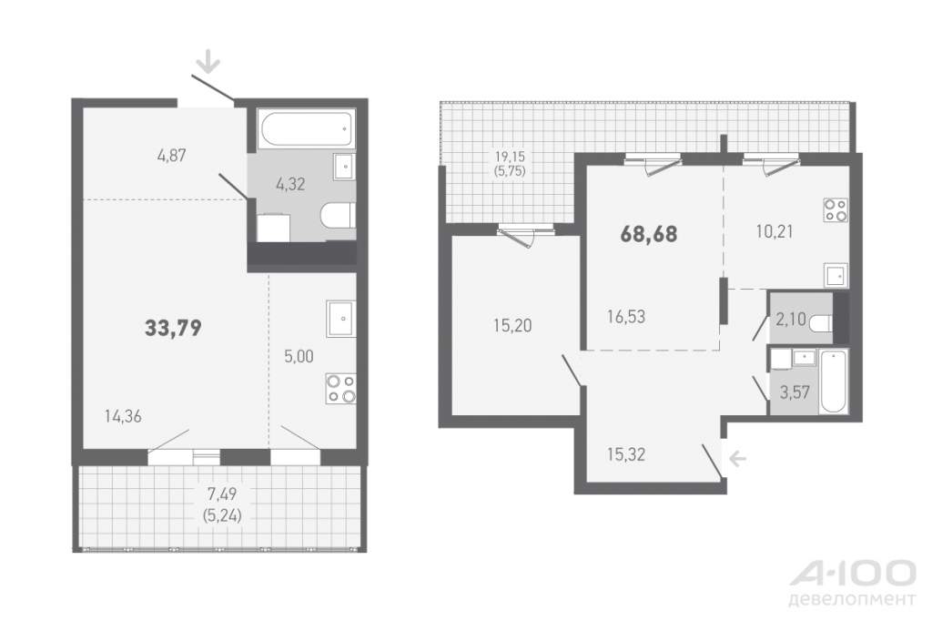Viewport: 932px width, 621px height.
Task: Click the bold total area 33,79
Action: pyautogui.click(x=174, y=328)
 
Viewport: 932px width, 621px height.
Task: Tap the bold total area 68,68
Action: pyautogui.click(x=648, y=234)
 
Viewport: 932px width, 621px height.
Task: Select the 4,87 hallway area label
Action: pyautogui.click(x=172, y=155)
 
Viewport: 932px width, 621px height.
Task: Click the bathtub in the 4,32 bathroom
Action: pyautogui.click(x=306, y=127)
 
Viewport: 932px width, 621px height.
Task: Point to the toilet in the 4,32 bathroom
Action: pyautogui.click(x=338, y=215)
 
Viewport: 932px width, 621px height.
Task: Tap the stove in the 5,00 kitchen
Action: pyautogui.click(x=340, y=389)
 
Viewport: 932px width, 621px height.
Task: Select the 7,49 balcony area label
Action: pyautogui.click(x=222, y=494)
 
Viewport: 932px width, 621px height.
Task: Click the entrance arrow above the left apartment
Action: pyautogui.click(x=208, y=62)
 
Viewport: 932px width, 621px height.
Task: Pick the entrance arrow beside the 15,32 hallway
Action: pyautogui.click(x=737, y=458)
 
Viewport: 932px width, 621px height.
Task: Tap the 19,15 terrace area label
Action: pyautogui.click(x=510, y=157)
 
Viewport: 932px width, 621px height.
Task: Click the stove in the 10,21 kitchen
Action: pyautogui.click(x=836, y=210)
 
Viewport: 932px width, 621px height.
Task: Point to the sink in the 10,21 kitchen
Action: pyautogui.click(x=836, y=275)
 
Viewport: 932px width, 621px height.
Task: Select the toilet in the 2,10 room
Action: pyautogui.click(x=821, y=322)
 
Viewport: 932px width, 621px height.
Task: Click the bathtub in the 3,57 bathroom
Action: pyautogui.click(x=834, y=382)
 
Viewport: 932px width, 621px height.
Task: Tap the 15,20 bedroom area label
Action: pyautogui.click(x=512, y=325)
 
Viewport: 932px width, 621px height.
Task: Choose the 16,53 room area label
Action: pyautogui.click(x=626, y=317)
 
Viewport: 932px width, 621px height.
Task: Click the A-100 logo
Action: pyautogui.click(x=852, y=582)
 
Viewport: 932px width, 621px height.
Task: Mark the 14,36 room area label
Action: pyautogui.click(x=123, y=416)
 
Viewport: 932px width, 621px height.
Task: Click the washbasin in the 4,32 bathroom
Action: pyautogui.click(x=344, y=167)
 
